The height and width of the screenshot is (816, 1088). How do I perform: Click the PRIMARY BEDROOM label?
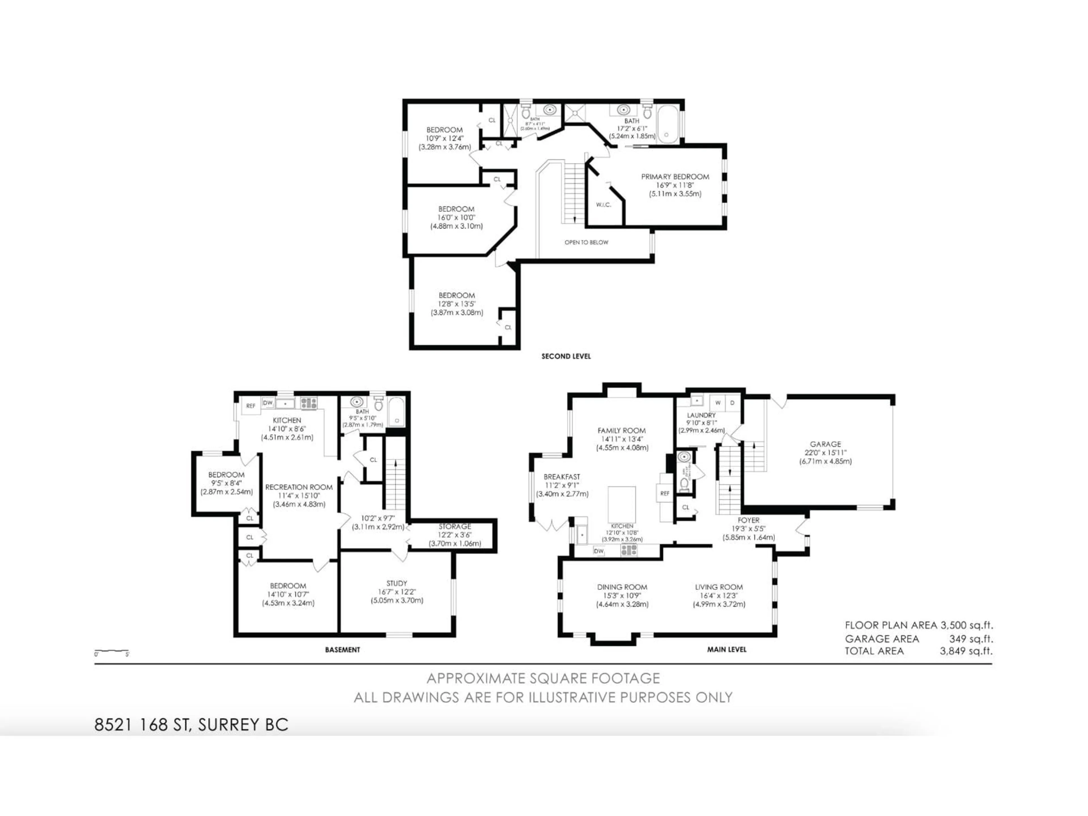675,177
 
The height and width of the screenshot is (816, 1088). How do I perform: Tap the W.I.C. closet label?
603,205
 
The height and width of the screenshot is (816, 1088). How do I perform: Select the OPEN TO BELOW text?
586,243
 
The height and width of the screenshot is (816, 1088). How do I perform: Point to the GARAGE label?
825,444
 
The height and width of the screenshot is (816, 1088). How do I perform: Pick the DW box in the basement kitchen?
267,403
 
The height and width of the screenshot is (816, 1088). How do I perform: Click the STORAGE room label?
455,527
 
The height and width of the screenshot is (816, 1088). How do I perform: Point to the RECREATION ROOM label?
299,487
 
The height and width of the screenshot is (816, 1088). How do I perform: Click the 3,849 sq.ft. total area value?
966,651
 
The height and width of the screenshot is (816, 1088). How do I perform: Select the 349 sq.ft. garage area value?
971,639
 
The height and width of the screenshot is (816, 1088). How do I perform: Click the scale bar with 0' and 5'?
112,653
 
